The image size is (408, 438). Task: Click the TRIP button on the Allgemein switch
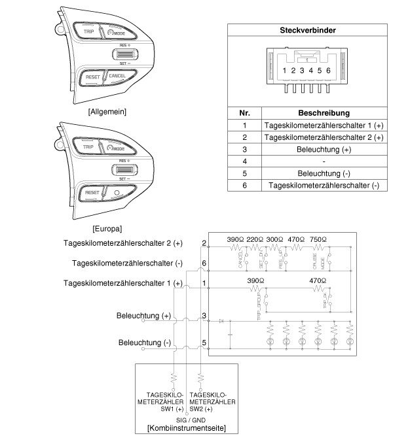click(88, 30)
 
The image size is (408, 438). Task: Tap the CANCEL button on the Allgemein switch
click(118, 76)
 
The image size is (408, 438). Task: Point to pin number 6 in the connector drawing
click(327, 70)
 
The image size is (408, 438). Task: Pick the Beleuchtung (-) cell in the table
click(324, 173)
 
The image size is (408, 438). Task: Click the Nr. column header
click(244, 113)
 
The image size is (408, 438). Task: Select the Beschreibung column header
click(324, 113)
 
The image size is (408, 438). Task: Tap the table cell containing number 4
click(244, 161)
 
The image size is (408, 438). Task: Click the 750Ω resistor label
click(318, 239)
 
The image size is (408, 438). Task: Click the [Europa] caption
click(107, 229)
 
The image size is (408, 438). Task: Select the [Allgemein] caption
click(107, 112)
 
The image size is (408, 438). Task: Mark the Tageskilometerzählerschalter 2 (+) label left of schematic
click(126, 243)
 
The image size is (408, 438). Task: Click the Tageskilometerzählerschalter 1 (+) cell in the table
click(324, 125)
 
